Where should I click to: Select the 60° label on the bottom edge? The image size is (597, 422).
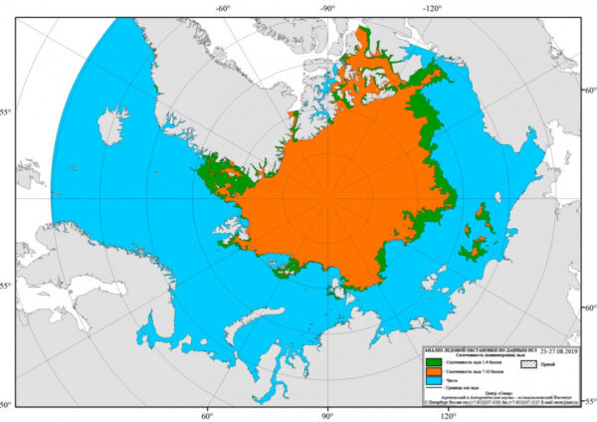[210, 416]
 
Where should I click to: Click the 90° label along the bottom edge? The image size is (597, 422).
[327, 416]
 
